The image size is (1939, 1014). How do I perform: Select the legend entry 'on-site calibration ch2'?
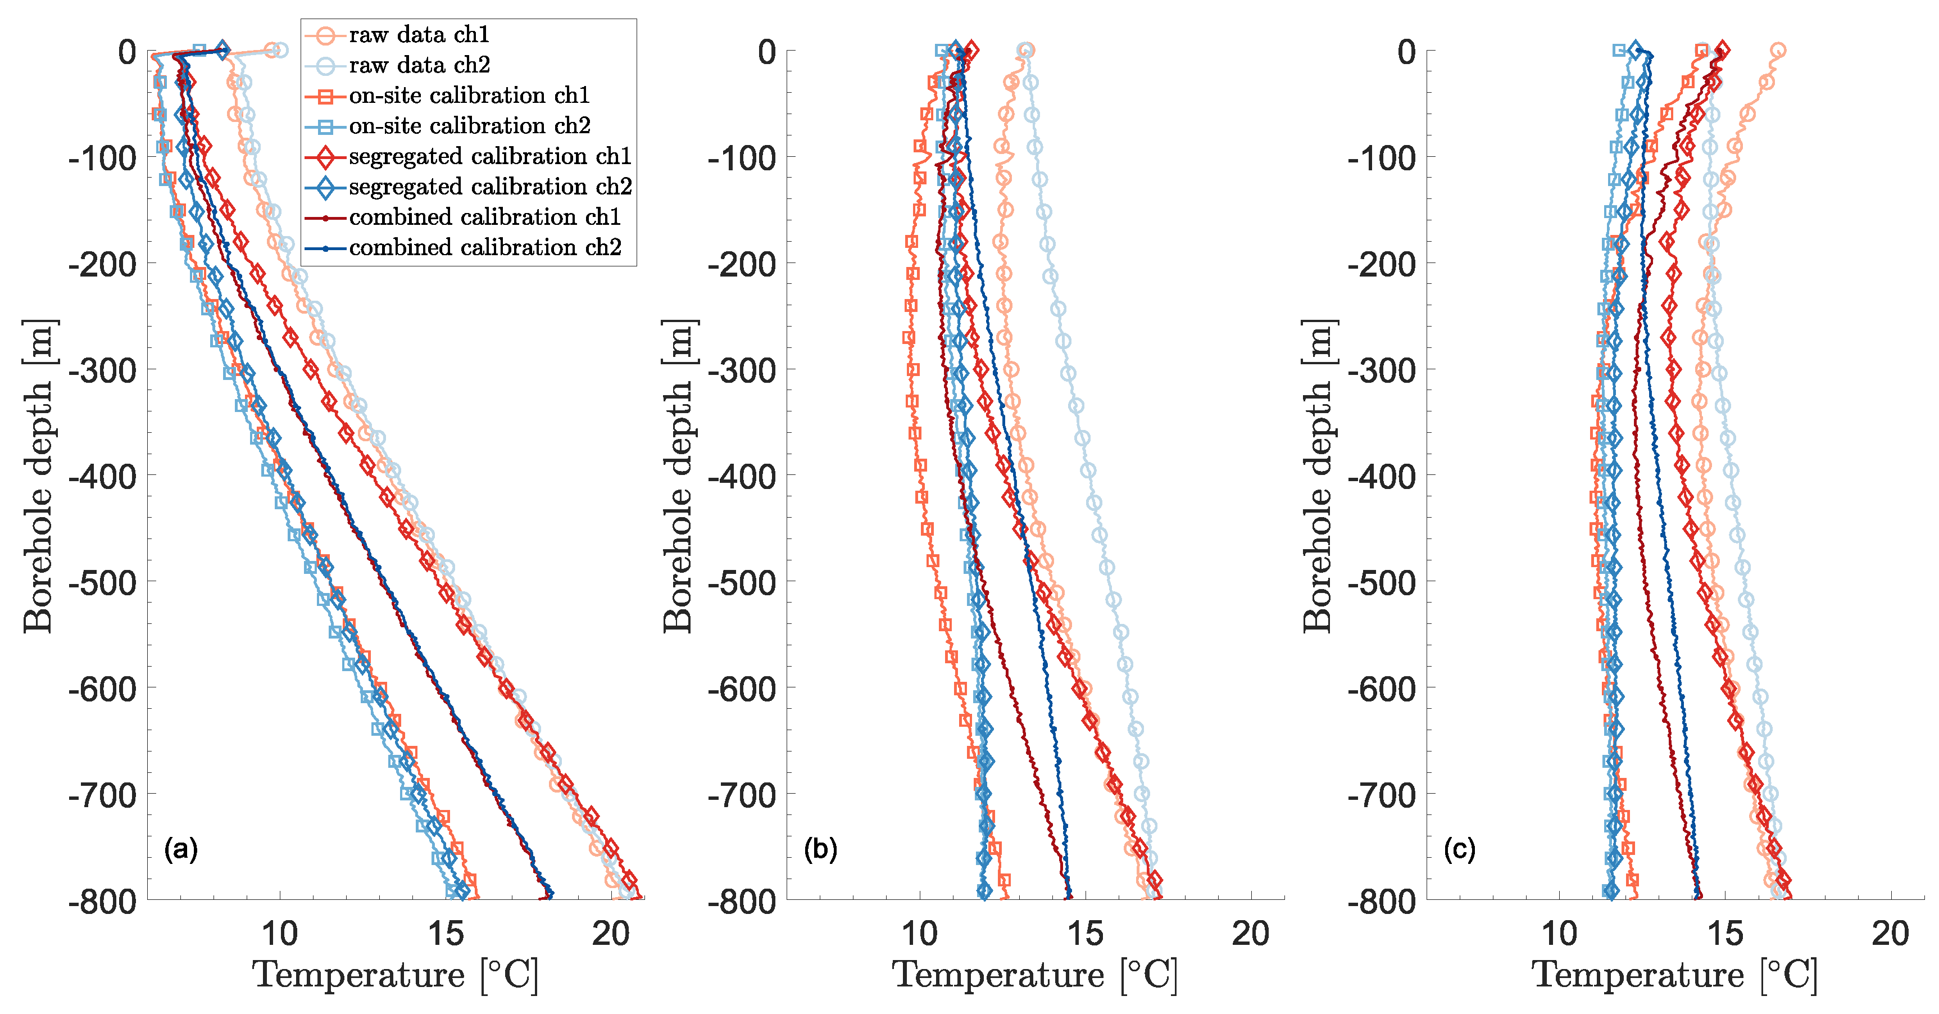point(470,126)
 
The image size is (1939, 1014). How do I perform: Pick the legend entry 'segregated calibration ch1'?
point(490,156)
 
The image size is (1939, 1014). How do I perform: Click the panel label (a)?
point(181,849)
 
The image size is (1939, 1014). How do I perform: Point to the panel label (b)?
point(820,849)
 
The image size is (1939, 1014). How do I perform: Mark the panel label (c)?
point(1460,849)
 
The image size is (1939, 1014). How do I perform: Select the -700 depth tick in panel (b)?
point(742,794)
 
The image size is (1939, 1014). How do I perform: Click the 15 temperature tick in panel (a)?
point(446,934)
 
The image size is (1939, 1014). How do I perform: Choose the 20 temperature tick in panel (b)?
point(1250,934)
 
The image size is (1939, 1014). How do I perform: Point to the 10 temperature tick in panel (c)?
point(1559,934)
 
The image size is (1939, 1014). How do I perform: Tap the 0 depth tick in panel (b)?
point(766,52)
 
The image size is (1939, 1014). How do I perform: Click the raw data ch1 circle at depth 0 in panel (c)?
point(1778,51)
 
